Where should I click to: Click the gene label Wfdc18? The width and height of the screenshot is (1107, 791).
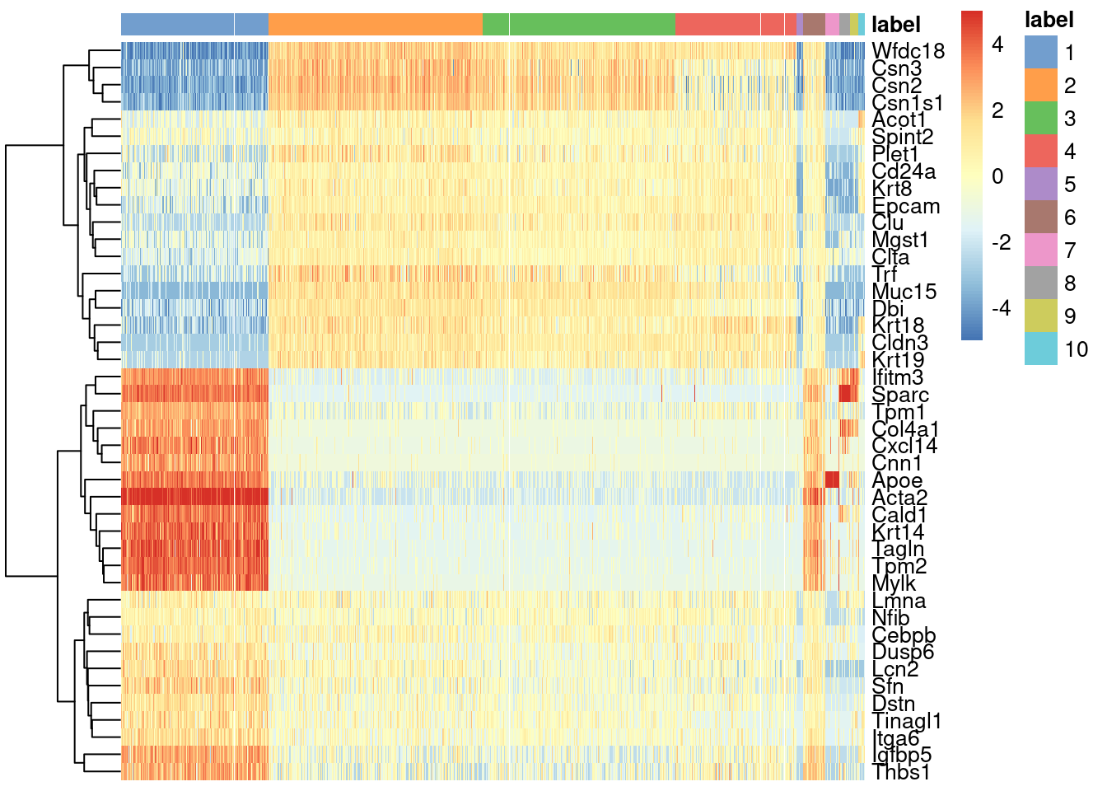(908, 51)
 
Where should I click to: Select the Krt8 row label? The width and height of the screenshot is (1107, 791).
(892, 189)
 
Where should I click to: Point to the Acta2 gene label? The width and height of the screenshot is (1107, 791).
(899, 498)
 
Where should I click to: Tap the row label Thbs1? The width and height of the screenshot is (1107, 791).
(900, 772)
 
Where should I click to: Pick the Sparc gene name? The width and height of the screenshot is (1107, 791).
(900, 395)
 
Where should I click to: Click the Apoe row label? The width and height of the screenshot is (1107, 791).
(897, 480)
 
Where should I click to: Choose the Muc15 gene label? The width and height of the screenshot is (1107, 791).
(904, 292)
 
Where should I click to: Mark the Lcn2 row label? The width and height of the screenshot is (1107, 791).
(895, 669)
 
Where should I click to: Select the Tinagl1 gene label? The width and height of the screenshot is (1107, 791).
(905, 721)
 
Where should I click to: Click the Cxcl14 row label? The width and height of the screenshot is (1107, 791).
(905, 446)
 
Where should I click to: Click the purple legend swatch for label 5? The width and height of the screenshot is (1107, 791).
(1040, 185)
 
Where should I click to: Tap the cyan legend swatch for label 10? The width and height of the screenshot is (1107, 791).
(1040, 349)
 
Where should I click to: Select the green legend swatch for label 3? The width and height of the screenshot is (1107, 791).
(1040, 119)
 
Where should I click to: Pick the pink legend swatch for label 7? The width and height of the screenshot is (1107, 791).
(1040, 250)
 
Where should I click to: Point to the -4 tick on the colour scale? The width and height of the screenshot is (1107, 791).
(1001, 308)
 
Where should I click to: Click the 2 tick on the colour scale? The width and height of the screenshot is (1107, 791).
(997, 110)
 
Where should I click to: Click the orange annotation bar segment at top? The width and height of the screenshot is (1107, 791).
(375, 25)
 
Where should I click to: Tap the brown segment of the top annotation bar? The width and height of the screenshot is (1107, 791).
(814, 25)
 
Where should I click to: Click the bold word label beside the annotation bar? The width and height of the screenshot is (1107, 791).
(896, 25)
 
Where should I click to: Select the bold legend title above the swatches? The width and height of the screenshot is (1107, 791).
(1049, 20)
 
